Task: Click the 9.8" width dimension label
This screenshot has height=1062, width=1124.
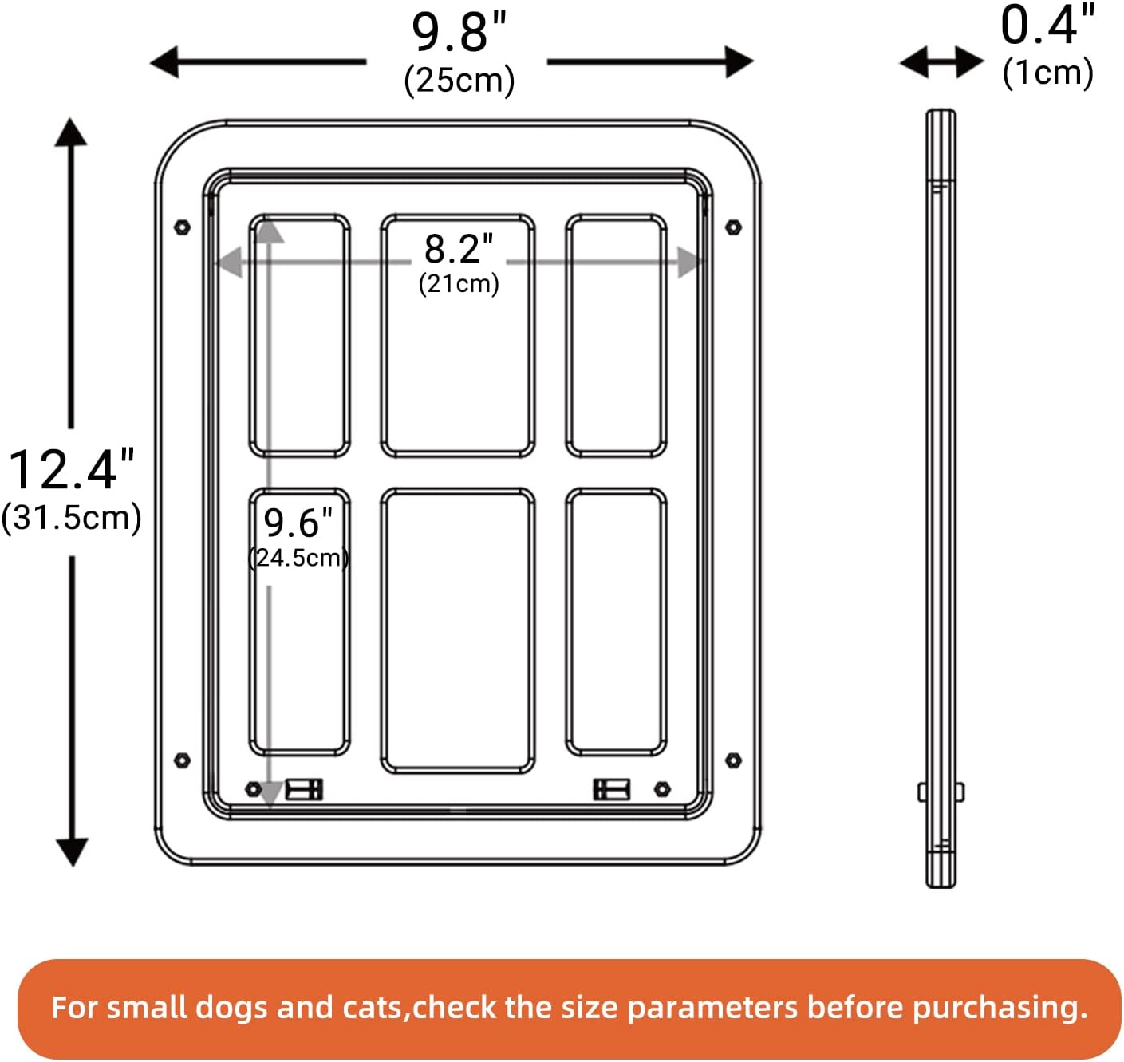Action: point(459,33)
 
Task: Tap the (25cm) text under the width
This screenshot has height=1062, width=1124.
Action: point(459,80)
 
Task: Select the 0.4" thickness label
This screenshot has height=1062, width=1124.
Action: point(1047,26)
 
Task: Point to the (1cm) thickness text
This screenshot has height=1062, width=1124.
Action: point(1047,73)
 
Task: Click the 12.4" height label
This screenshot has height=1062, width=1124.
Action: point(71,469)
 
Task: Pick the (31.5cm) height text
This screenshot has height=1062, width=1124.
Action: point(71,517)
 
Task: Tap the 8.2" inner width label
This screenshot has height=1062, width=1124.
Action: point(459,249)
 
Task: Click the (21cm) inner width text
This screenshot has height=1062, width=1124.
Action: point(459,283)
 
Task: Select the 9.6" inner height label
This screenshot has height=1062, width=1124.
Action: point(298,523)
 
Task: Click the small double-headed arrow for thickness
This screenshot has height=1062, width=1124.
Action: point(941,61)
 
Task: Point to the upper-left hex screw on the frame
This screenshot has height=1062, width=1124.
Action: point(182,227)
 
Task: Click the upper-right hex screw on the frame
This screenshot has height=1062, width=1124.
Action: point(733,227)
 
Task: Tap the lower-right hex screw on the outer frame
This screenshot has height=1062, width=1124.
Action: point(733,760)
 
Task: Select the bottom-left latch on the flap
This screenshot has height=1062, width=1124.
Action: point(304,789)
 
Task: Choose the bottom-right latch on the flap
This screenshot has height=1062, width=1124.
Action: point(611,789)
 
